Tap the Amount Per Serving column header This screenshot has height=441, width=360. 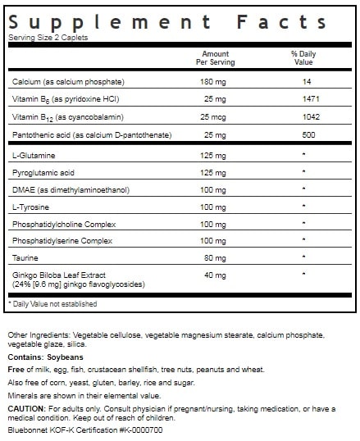point(215,59)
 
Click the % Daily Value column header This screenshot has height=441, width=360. point(303,59)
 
